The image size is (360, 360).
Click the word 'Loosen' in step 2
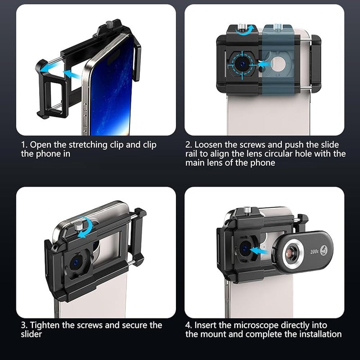point(209,144)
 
